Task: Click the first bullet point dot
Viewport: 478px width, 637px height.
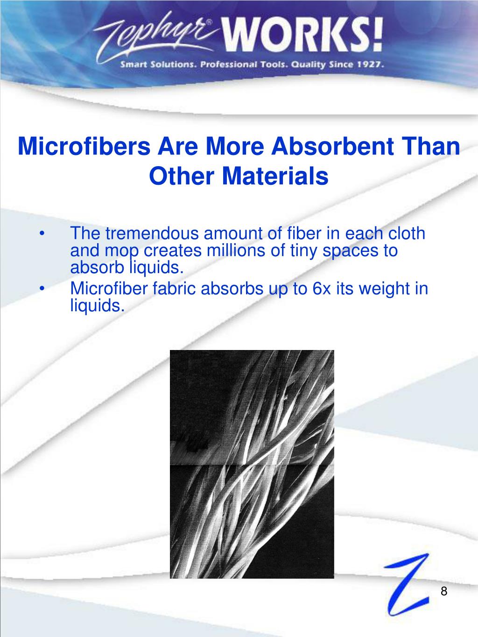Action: point(43,233)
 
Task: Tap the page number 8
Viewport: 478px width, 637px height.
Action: point(444,591)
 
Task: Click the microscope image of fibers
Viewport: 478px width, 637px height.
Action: point(252,464)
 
